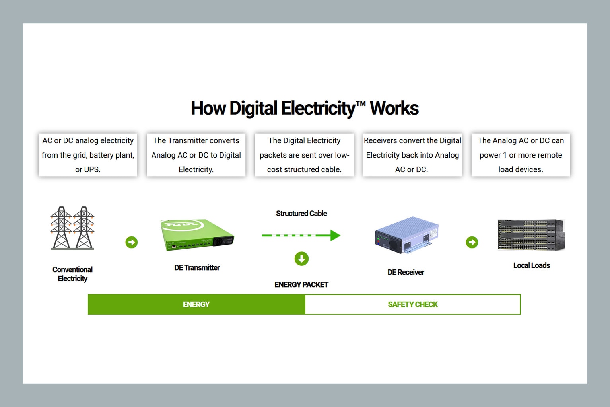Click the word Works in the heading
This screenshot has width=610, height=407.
pyautogui.click(x=394, y=108)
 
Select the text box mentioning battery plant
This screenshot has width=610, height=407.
pyautogui.click(x=88, y=155)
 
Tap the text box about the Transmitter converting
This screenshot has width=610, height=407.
pyautogui.click(x=196, y=155)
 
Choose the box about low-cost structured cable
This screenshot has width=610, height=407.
pyautogui.click(x=304, y=155)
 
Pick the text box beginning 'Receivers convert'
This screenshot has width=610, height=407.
pyautogui.click(x=412, y=155)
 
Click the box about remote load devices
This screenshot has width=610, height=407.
pyautogui.click(x=521, y=155)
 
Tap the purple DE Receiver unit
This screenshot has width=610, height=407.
pyautogui.click(x=406, y=235)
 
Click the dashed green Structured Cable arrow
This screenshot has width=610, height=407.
pyautogui.click(x=301, y=235)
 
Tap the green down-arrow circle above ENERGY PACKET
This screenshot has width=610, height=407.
pyautogui.click(x=301, y=259)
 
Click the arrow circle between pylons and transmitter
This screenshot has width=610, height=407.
pyautogui.click(x=132, y=242)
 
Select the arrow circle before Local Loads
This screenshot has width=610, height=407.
pyautogui.click(x=472, y=242)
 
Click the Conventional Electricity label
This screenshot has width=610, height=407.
pyautogui.click(x=72, y=274)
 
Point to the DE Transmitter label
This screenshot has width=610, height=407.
pyautogui.click(x=197, y=268)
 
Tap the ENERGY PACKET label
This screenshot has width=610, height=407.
pyautogui.click(x=301, y=284)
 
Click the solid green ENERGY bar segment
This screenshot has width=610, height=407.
pyautogui.click(x=196, y=304)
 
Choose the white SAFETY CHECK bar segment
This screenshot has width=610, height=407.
pyautogui.click(x=413, y=304)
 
